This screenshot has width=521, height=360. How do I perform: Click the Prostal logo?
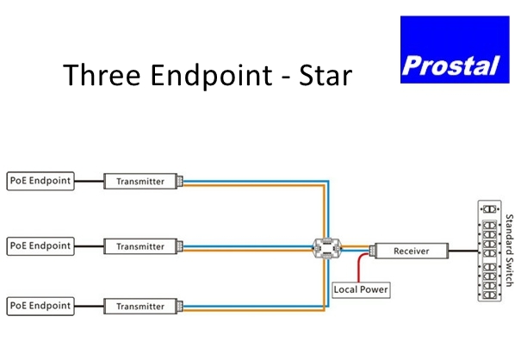tap(455, 50)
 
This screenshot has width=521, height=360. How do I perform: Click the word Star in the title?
tap(326, 76)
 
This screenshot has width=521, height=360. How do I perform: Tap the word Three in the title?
tap(102, 75)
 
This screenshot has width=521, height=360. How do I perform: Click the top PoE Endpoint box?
tap(40, 181)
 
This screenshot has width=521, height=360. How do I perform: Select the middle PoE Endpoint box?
tap(40, 246)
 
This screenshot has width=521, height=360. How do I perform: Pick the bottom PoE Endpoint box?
tap(40, 306)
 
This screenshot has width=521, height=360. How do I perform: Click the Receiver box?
tap(412, 251)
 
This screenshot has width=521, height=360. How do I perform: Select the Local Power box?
tap(361, 290)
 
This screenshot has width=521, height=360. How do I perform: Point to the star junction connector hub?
tap(327, 248)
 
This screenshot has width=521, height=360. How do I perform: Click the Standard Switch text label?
tap(509, 251)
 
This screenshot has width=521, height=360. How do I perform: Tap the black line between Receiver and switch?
tap(463, 251)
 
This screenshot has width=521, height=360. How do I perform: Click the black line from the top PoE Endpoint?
tap(89, 181)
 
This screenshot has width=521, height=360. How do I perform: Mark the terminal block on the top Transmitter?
tap(180, 181)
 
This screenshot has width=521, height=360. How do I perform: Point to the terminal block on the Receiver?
tap(372, 251)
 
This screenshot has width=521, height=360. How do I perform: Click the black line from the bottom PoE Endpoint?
tap(89, 306)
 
